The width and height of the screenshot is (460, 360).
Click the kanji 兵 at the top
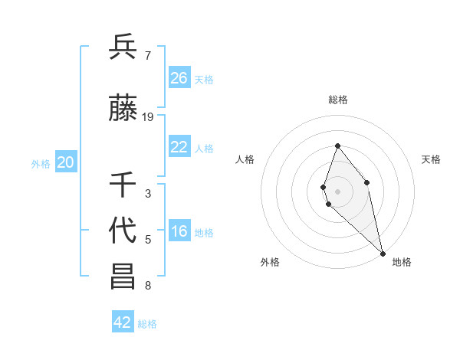pos(123,48)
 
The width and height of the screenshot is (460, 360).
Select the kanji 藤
pos(123,109)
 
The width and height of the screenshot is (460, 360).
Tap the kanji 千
pos(123,185)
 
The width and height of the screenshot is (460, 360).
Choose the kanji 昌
pos(123,277)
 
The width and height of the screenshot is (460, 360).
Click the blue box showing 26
pos(179,78)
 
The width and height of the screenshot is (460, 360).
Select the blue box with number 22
pos(179,147)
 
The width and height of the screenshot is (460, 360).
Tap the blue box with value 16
pos(179,232)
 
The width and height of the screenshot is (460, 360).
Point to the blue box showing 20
pos(66,162)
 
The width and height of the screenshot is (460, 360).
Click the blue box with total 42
pos(123,322)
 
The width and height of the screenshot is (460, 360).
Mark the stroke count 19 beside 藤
pos(148,117)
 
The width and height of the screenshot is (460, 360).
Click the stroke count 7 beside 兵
pos(147,56)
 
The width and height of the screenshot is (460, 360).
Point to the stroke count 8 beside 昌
pos(147,286)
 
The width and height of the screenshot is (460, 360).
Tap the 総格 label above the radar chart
pos(338,100)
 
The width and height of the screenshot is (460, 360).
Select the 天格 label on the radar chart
pos(431,159)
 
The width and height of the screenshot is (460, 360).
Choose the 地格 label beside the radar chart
pos(402,262)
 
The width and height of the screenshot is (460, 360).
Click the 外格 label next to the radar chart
pos(270,262)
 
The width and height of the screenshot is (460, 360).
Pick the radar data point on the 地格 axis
pos(382,252)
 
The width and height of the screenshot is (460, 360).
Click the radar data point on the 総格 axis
pos(337,146)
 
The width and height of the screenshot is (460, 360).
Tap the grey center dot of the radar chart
pos(337,191)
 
